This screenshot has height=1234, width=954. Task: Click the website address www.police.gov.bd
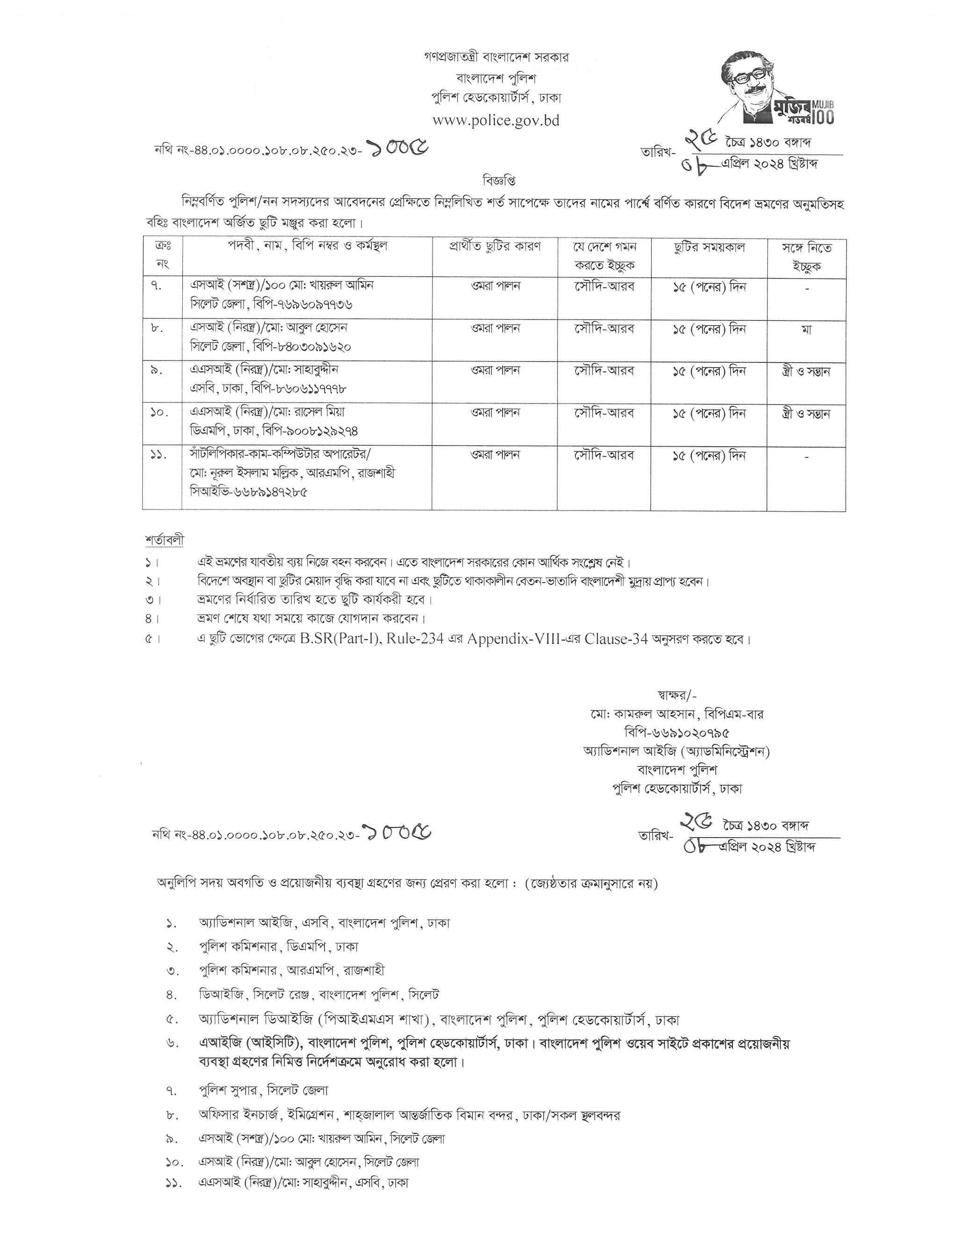tap(496, 120)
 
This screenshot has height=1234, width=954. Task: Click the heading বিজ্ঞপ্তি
tap(499, 181)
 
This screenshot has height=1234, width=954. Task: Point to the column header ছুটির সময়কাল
tap(708, 247)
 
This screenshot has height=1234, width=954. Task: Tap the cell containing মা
tap(806, 329)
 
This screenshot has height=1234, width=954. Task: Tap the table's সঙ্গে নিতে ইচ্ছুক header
tap(806, 257)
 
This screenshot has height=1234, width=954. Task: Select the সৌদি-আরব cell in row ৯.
tap(604, 371)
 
